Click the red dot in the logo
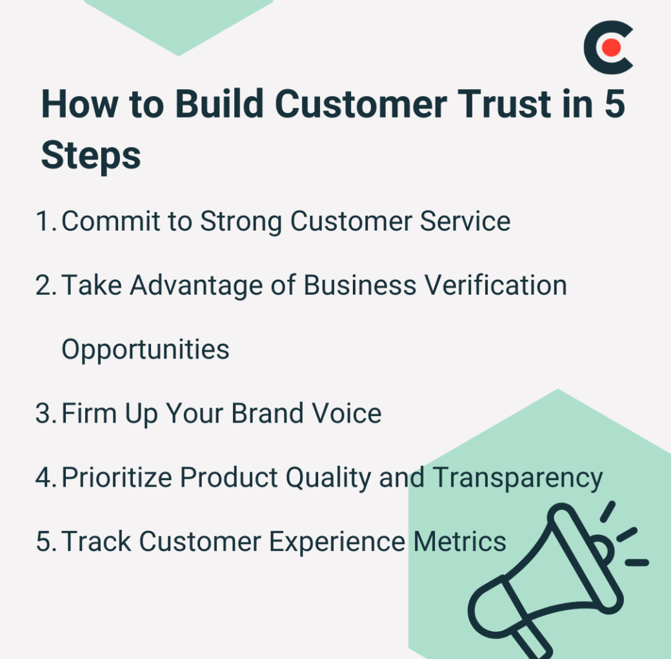point(610,47)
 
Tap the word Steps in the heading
point(91,156)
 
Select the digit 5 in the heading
point(615,104)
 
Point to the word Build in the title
point(219,103)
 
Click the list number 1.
point(46,222)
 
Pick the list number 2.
point(46,286)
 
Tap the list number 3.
point(46,413)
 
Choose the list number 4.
point(46,477)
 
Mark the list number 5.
point(46,541)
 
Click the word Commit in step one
point(111,221)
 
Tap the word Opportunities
point(146,350)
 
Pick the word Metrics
point(459,541)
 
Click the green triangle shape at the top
point(179,21)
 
